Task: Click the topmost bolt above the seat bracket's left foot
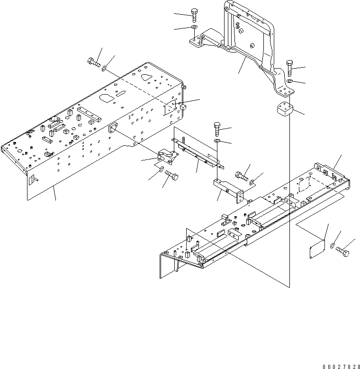click(x=194, y=16)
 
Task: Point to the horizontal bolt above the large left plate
click(x=93, y=62)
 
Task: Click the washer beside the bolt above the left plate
click(x=104, y=70)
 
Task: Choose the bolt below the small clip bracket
click(x=173, y=179)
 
